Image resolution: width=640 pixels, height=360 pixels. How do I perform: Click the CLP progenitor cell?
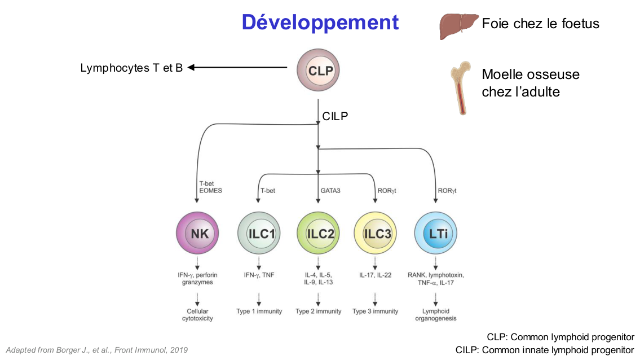point(320,71)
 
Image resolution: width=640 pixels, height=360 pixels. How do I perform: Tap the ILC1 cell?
point(259,234)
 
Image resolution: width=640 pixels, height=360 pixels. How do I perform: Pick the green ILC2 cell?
point(319,234)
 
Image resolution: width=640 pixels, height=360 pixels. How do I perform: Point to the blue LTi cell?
point(435,234)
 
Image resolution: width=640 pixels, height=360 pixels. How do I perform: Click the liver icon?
point(458,26)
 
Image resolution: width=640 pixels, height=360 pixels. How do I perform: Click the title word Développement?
point(320,23)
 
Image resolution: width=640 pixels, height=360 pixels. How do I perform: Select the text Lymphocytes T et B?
point(131,68)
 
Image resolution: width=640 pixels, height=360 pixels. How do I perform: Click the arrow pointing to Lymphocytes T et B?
point(237,68)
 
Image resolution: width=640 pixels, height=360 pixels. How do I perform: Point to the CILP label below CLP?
point(335,116)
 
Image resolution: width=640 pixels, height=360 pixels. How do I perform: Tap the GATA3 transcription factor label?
point(330,191)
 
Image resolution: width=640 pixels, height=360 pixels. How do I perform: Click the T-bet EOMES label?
point(210,187)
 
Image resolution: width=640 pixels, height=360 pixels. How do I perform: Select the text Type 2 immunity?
point(319,311)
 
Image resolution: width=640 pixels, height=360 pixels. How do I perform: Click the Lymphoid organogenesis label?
point(435,315)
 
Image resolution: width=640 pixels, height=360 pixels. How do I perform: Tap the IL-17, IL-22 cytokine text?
point(376,275)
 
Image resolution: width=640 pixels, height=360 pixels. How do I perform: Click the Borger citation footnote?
point(96,350)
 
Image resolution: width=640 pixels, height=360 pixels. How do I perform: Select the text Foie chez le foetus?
point(540,24)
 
